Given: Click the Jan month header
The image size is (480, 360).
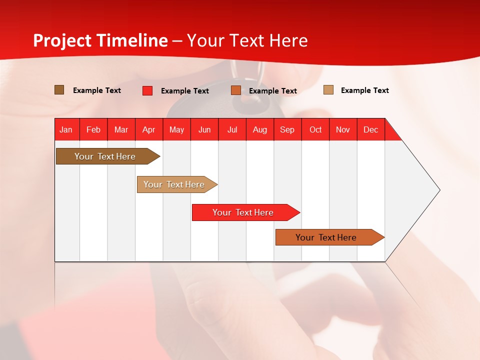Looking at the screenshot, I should coord(66,129).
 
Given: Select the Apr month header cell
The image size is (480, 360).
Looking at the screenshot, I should coord(149,129).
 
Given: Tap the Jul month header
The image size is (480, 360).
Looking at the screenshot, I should coord(232,129).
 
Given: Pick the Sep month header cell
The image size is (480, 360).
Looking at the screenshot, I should coord(287,129).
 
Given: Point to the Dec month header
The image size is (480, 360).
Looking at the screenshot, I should coord(370,129).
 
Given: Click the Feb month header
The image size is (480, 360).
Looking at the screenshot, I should coord(93,129).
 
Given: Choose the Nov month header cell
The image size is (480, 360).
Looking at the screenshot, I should coord(343,129).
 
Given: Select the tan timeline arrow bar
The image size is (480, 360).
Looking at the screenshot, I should coord(175,184).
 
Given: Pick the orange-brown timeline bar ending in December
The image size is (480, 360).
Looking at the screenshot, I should coord(327,237).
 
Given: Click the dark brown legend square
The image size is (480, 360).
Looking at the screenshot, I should coord(59,90).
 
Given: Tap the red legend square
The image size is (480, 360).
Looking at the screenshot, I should coord(147,90).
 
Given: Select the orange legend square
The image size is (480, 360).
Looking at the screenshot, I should coord(236,90).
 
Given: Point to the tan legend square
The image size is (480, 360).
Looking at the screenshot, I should coord(328,90).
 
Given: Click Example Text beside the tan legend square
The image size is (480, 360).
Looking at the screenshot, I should coord(364,90).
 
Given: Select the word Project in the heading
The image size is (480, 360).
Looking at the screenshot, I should coord(62,40).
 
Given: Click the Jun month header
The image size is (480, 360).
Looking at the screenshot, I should coord(204,129).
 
